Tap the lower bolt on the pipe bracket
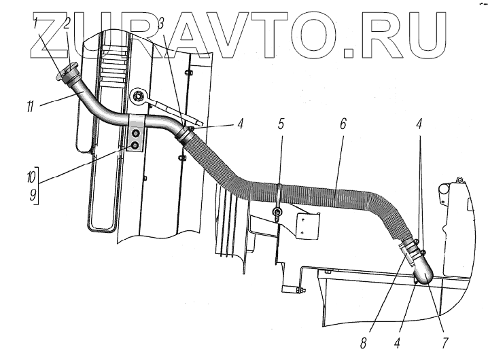click(x=136, y=146)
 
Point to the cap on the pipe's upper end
click(x=69, y=70)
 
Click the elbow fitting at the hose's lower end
click(x=421, y=269)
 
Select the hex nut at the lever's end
click(x=139, y=97)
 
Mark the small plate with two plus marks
click(x=305, y=224)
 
